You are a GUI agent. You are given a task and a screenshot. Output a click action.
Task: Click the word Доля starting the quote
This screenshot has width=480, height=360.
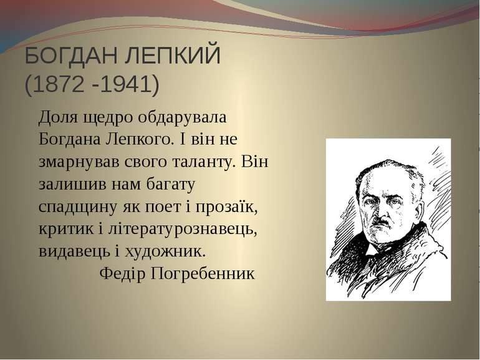(58, 118)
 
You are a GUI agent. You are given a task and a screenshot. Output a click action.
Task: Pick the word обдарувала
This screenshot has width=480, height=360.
(182, 117)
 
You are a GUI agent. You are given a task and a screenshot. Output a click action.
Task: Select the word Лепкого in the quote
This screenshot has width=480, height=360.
(138, 139)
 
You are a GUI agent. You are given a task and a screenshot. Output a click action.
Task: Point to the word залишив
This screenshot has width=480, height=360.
(72, 184)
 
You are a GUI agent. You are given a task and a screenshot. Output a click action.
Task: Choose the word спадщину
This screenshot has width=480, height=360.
(78, 207)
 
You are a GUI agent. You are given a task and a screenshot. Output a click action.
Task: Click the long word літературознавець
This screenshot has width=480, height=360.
(181, 229)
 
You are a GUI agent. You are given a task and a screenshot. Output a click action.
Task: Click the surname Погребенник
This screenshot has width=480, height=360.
(203, 274)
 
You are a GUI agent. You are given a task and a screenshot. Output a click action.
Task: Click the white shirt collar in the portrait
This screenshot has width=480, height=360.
(372, 249)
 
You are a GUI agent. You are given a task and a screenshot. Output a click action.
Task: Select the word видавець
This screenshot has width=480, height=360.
(74, 252)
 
